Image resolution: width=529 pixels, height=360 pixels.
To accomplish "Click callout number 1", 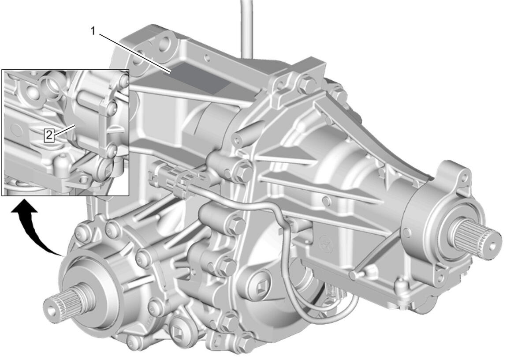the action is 93,31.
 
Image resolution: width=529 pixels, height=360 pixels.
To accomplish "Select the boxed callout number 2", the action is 49,135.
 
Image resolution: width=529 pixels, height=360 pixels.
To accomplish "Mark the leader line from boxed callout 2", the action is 65,131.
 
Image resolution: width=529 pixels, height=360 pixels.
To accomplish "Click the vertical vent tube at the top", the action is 247,28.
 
